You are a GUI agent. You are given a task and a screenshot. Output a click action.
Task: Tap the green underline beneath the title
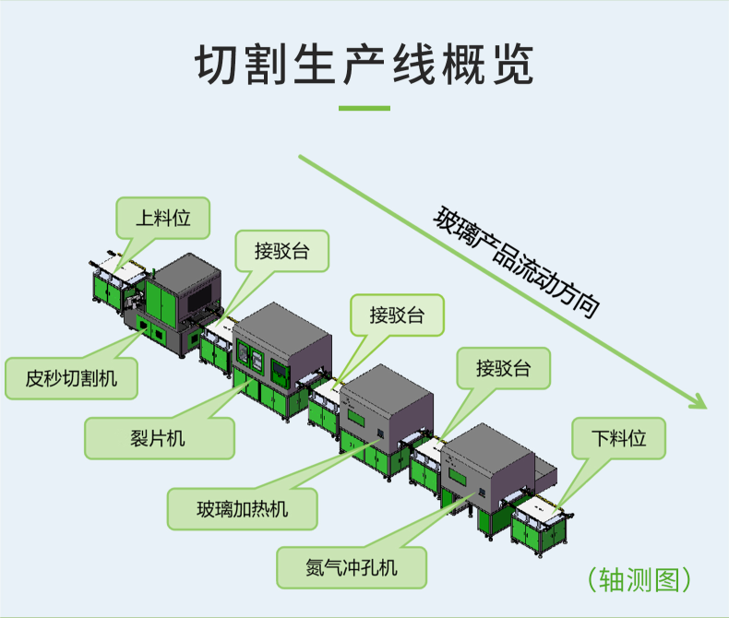[x=364, y=108]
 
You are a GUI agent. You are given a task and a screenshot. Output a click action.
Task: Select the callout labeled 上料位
[x=163, y=219]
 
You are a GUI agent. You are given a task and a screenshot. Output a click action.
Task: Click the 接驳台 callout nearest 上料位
[x=282, y=250]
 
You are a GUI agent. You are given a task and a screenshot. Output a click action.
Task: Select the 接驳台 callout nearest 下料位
[x=504, y=369]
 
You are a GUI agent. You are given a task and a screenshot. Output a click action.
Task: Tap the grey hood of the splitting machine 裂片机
[x=282, y=333]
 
